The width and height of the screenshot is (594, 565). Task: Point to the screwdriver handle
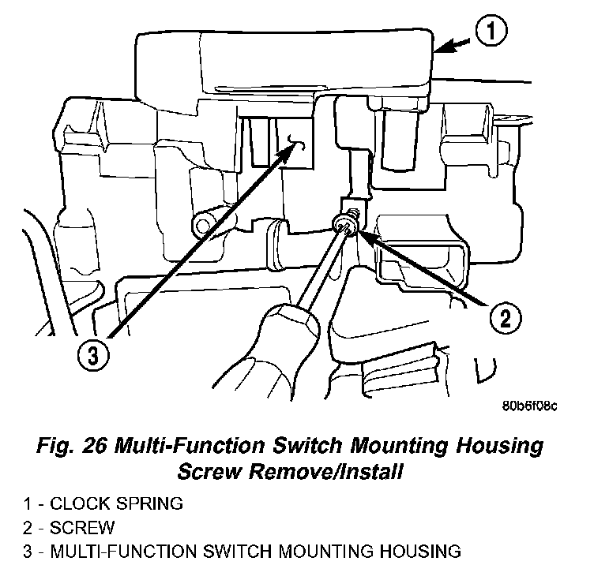point(284,347)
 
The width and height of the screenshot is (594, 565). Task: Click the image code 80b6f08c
point(529,406)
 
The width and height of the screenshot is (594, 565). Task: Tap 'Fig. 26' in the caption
point(85,446)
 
